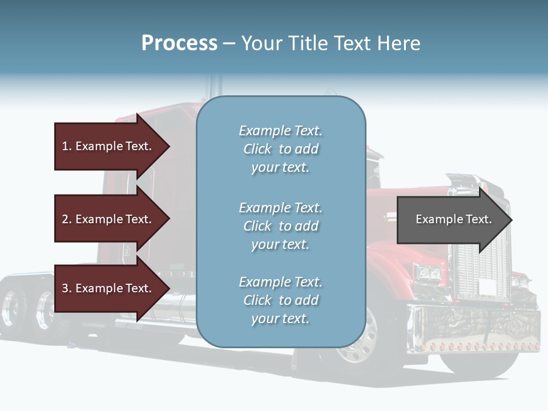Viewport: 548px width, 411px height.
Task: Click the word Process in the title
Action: (x=179, y=43)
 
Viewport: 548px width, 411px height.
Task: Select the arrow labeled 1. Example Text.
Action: (x=108, y=146)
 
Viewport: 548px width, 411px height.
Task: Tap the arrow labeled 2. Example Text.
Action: (x=108, y=219)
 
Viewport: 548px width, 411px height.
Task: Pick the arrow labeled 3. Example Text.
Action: (x=108, y=288)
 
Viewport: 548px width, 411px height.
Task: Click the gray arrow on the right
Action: (x=451, y=220)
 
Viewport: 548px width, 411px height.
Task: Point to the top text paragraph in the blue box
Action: (x=280, y=149)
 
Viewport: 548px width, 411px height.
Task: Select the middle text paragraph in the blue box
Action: (x=280, y=226)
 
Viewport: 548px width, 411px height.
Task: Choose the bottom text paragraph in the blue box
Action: (x=280, y=300)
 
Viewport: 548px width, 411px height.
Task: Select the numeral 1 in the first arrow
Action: (x=65, y=146)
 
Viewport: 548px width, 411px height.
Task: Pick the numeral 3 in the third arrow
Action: (x=65, y=288)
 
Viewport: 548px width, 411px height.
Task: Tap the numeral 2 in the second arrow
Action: (x=65, y=219)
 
